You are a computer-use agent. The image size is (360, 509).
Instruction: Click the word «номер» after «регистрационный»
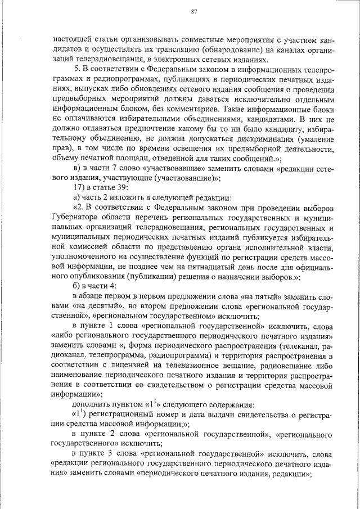tap(172, 415)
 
